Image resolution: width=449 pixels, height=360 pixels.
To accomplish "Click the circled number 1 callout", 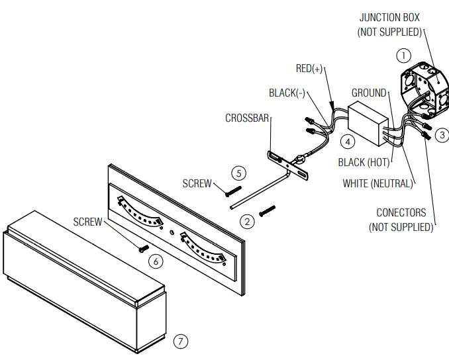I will point(403,56).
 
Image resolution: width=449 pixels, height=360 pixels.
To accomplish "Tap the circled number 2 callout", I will point(247,221).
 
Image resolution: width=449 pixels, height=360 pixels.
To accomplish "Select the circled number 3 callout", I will point(442,135).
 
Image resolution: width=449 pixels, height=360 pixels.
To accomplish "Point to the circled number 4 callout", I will point(347,141).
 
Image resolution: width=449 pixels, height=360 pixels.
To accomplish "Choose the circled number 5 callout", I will point(239,173).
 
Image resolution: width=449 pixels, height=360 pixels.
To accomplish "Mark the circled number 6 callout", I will point(156,261).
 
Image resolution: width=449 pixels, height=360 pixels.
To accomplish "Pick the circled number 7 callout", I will point(181,341).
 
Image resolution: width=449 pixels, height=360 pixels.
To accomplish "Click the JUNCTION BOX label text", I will point(389,18).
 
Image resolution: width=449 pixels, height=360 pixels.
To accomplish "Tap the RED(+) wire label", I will point(309,69).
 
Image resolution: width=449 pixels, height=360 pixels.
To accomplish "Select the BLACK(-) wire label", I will point(287,93).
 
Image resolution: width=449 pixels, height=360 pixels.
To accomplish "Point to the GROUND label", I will point(368,93).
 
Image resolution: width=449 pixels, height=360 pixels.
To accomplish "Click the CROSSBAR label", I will point(246,118).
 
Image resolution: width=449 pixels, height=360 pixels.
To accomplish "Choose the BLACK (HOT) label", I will point(364,163).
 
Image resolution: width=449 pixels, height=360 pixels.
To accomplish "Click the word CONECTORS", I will point(401,213).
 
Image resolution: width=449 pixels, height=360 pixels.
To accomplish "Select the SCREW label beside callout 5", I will point(197,183).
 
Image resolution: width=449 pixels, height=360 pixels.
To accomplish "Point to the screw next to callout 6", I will point(142,249).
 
